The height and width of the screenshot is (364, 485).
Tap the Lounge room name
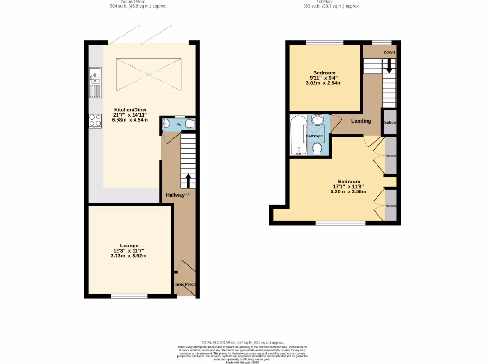[x=129, y=246]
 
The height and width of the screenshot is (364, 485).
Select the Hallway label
[x=175, y=195]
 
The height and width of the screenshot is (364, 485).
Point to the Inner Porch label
[x=185, y=284]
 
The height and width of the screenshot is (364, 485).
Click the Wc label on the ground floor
[x=179, y=124]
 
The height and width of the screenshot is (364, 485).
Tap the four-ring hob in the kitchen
[x=95, y=121]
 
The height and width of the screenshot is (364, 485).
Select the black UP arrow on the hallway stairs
[x=189, y=181]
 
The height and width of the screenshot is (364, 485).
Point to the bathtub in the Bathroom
[x=298, y=135]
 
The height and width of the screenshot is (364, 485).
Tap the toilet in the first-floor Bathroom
[x=317, y=149]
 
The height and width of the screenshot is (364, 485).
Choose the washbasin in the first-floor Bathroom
[x=317, y=119]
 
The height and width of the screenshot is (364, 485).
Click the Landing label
[x=361, y=121]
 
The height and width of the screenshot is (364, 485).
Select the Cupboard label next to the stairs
[x=390, y=123]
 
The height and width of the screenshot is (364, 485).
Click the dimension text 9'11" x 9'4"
[x=324, y=78]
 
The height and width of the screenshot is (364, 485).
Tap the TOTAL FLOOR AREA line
[x=242, y=342]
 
